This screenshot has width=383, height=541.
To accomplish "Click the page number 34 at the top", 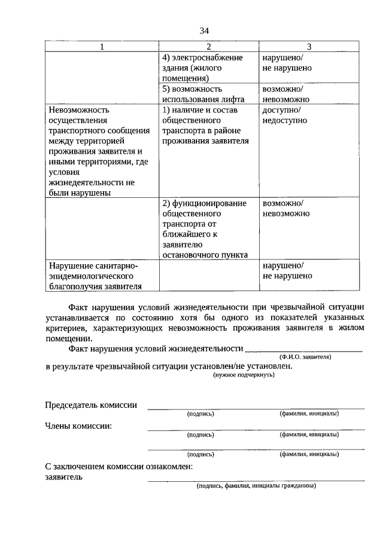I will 205,30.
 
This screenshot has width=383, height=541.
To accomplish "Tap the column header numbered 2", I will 208,47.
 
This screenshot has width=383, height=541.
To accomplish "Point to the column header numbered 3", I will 309,47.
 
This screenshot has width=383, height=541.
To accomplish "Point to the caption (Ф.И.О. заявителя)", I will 305,356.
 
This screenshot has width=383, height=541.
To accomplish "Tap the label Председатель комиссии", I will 91,405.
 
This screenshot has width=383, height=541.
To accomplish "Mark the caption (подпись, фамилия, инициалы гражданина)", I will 256,485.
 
